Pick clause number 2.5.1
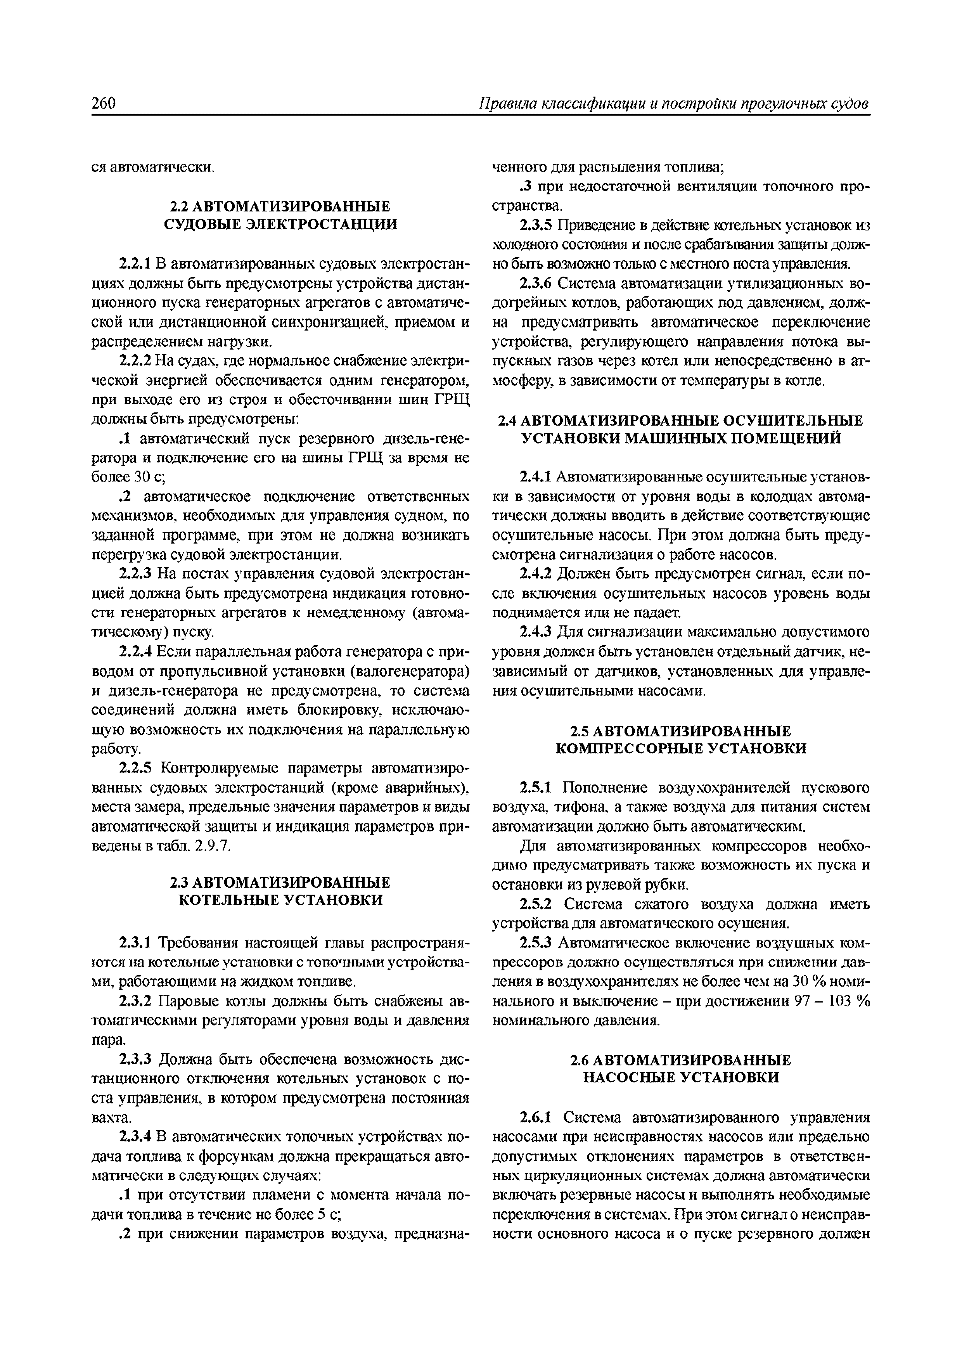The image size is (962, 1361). pos(536,788)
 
